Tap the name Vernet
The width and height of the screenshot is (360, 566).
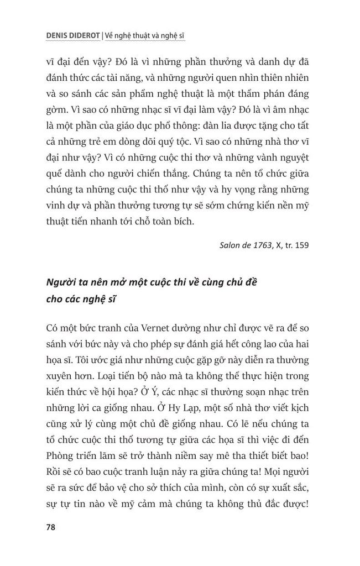pos(155,327)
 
